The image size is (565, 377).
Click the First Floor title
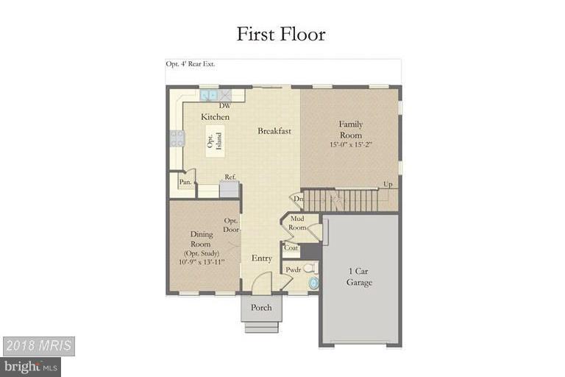point(280,34)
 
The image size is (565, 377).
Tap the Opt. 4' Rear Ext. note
point(191,65)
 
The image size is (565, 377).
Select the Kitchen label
point(216,117)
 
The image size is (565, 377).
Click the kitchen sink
point(209,95)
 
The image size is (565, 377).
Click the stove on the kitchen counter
point(177,138)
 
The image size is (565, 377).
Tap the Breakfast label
point(274,131)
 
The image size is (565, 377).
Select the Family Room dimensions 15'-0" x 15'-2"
point(350,144)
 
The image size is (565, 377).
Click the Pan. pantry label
point(185,182)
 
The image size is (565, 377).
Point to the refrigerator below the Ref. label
point(230,189)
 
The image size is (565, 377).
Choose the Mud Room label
point(297,223)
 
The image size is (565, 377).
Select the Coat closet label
point(291,248)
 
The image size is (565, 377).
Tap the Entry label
point(261,258)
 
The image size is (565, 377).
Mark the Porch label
point(261,308)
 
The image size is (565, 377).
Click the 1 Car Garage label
point(360,277)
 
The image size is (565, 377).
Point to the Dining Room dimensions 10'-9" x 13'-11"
point(202,261)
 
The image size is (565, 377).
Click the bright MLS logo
point(30,365)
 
